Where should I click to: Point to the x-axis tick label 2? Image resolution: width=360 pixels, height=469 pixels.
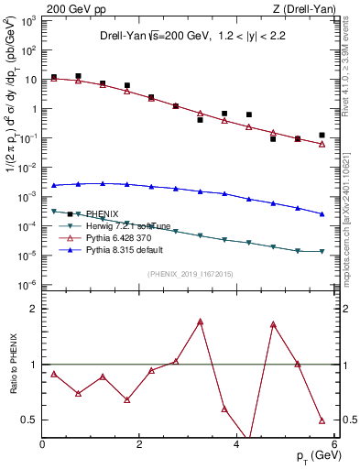pos(139,445)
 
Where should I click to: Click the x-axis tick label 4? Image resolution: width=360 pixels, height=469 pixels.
pos(236,445)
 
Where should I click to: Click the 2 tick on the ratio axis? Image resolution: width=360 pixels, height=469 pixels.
pos(33,309)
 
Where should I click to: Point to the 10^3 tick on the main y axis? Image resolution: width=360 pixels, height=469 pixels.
pos(27,20)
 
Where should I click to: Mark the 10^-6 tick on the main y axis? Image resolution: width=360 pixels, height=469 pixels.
pos(27,285)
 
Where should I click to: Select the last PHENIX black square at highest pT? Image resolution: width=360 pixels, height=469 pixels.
pos(322,135)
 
